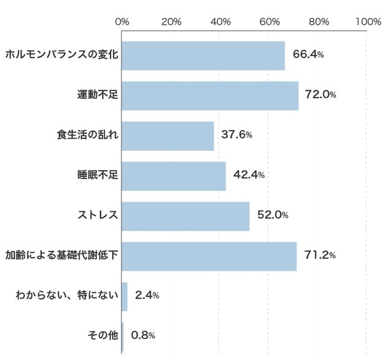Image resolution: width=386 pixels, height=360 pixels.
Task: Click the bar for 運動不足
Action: (210, 95)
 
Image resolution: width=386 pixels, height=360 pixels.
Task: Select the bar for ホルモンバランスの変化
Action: (203, 55)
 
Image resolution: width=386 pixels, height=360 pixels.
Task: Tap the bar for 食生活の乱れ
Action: (168, 136)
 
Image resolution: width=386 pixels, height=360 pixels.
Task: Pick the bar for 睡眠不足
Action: (174, 175)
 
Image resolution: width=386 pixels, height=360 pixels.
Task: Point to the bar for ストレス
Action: (185, 216)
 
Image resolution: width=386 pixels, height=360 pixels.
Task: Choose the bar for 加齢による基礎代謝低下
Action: (209, 256)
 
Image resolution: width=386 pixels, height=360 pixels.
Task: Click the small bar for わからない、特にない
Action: (124, 296)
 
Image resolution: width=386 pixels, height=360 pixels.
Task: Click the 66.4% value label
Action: (308, 55)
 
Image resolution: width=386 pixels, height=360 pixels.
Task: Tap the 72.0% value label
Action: (320, 95)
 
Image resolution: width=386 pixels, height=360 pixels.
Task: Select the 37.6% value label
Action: (236, 135)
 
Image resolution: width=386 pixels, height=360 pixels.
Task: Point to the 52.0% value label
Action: (273, 215)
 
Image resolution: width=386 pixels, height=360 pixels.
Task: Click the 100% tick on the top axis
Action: (367, 22)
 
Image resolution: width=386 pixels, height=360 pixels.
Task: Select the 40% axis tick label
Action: (221, 22)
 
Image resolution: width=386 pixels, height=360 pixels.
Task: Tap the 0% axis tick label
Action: (122, 22)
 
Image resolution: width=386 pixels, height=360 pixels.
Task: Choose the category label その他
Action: (102, 336)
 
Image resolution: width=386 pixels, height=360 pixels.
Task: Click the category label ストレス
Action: (98, 215)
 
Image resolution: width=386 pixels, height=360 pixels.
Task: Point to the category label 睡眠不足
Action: (98, 175)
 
